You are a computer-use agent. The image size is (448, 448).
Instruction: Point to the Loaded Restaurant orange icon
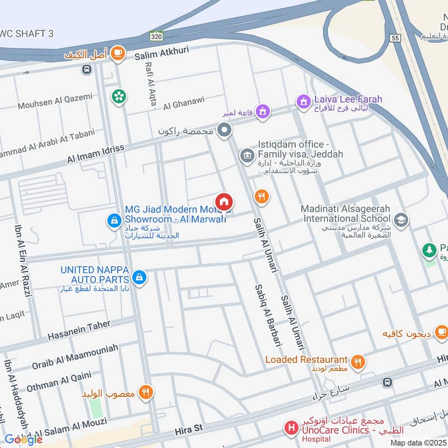coord(358,362)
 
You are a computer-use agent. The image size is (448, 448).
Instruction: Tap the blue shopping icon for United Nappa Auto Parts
coord(139,276)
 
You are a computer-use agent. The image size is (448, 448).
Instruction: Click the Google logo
coord(23,440)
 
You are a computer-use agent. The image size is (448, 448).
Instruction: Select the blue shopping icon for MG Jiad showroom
coord(114,221)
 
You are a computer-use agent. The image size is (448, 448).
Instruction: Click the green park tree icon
coord(430,250)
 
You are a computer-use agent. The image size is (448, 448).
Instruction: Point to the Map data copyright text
coord(418,442)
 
